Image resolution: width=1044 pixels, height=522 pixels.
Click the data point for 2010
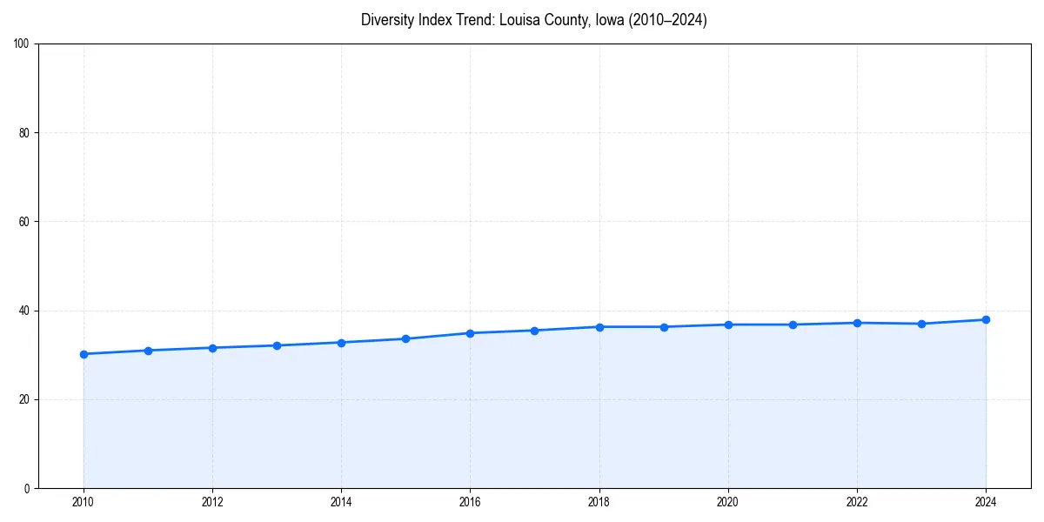pyautogui.click(x=84, y=354)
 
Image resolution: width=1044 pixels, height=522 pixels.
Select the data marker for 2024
pyautogui.click(x=986, y=319)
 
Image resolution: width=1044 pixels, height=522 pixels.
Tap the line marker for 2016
pyautogui.click(x=470, y=333)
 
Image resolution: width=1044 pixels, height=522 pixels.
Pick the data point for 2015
pyautogui.click(x=405, y=338)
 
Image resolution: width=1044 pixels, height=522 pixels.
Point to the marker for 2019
pyautogui.click(x=664, y=327)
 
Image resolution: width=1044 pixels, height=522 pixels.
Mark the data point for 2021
pyautogui.click(x=793, y=325)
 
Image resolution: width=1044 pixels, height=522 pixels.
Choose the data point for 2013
pyautogui.click(x=277, y=345)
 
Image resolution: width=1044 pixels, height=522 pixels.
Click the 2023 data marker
pyautogui.click(x=921, y=324)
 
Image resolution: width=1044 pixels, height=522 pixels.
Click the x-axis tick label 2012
pyautogui.click(x=212, y=502)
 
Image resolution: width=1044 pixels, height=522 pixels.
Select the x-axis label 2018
pyautogui.click(x=599, y=502)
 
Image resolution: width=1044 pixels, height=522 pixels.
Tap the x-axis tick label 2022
pyautogui.click(x=857, y=502)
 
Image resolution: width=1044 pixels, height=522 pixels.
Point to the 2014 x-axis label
pyautogui.click(x=341, y=502)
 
